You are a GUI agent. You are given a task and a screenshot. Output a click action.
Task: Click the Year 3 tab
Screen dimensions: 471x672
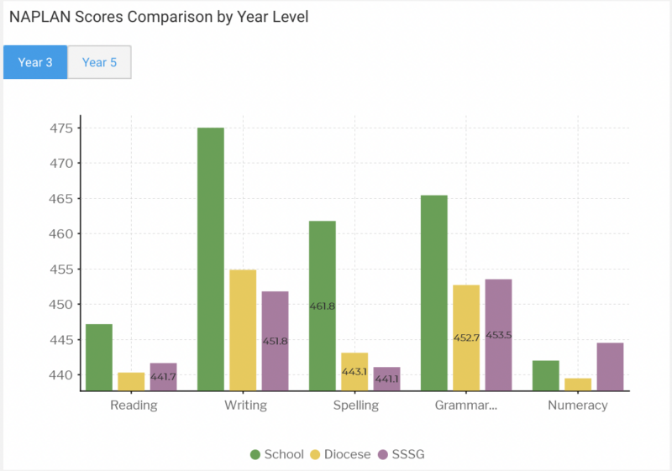pyautogui.click(x=35, y=63)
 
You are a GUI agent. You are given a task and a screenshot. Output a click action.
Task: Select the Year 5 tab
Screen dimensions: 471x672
pyautogui.click(x=99, y=63)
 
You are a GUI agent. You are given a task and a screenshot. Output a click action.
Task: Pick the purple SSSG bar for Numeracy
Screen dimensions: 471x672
pyautogui.click(x=610, y=366)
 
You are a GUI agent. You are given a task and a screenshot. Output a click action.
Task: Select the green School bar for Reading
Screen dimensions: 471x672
pyautogui.click(x=99, y=357)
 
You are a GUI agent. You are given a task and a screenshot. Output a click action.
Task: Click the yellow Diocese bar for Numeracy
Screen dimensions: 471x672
pyautogui.click(x=578, y=384)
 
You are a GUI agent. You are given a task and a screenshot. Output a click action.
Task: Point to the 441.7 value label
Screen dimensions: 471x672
pyautogui.click(x=163, y=377)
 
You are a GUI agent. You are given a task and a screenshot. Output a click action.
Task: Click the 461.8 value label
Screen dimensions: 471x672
pyautogui.click(x=323, y=306)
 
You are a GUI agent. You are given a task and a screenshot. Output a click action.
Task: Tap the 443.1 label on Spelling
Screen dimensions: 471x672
pyautogui.click(x=354, y=372)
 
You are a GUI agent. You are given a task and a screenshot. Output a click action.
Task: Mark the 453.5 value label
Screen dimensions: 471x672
pyautogui.click(x=498, y=335)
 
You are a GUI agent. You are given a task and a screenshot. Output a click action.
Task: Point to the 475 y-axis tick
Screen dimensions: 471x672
pyautogui.click(x=60, y=128)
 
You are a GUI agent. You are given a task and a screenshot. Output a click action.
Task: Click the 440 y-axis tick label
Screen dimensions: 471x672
pyautogui.click(x=60, y=374)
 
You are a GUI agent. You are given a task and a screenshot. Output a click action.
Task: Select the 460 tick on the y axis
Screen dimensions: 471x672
pyautogui.click(x=60, y=234)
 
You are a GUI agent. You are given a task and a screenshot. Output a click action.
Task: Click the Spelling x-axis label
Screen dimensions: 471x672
pyautogui.click(x=354, y=406)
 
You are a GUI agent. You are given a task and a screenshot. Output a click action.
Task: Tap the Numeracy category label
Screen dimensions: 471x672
pyautogui.click(x=577, y=406)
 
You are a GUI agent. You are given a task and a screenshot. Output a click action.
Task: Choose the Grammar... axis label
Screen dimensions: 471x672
pyautogui.click(x=466, y=406)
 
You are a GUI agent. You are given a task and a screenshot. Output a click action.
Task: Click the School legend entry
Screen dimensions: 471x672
pyautogui.click(x=277, y=454)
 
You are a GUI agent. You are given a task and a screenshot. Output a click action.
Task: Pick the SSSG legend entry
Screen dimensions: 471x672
pyautogui.click(x=407, y=454)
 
